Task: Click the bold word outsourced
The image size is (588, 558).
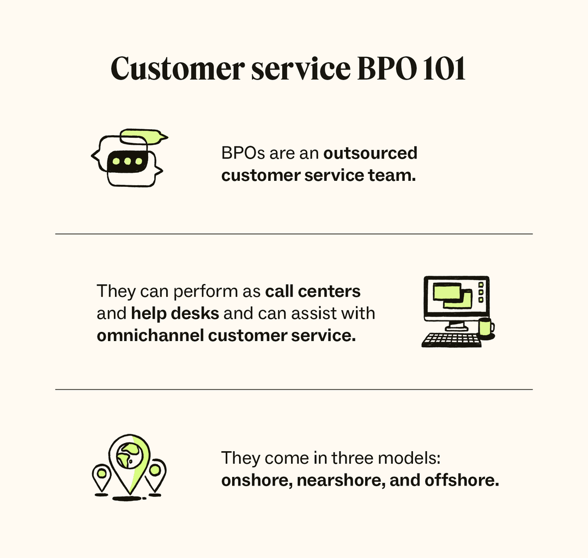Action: pyautogui.click(x=370, y=153)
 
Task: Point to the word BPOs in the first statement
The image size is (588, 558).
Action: pyautogui.click(x=243, y=153)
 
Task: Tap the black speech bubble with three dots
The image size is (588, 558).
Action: pyautogui.click(x=127, y=161)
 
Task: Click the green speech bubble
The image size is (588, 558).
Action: pyautogui.click(x=143, y=136)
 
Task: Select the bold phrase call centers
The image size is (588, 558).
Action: pyautogui.click(x=313, y=292)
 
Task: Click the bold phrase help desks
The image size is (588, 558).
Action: pyautogui.click(x=175, y=314)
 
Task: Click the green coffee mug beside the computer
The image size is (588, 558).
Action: pyautogui.click(x=485, y=327)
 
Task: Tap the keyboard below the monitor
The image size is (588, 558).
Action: pyautogui.click(x=451, y=340)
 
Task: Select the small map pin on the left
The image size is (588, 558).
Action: pyautogui.click(x=101, y=475)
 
